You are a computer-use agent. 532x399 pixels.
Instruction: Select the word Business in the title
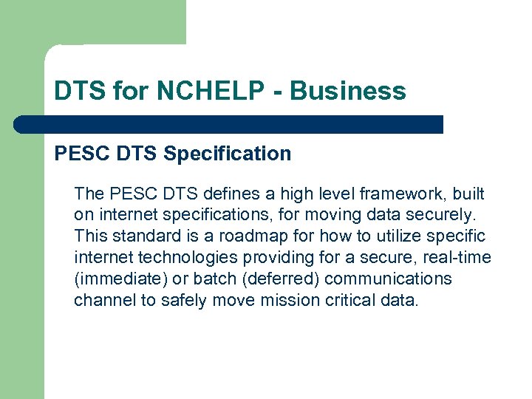347,91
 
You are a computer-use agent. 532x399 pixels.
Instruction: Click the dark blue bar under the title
229,124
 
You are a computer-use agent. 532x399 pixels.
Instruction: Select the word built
467,194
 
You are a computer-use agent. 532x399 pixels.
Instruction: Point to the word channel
101,301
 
